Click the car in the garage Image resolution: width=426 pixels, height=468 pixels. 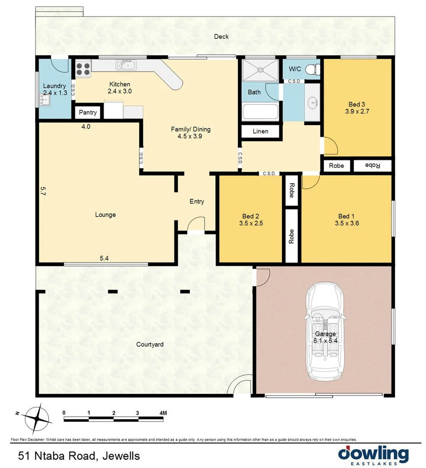coord(325,331)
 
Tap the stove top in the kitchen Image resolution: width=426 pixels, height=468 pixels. coord(83,68)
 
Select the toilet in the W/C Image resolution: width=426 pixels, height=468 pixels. coord(313,69)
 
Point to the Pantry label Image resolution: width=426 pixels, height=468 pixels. coord(88,113)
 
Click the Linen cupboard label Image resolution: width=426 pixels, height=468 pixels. coord(260,131)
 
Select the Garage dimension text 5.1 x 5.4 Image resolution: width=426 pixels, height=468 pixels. coord(325,341)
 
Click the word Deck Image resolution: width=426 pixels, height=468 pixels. coord(221,37)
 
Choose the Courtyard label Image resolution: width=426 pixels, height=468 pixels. coord(150,344)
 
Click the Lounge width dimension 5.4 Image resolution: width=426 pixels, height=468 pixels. coord(104,258)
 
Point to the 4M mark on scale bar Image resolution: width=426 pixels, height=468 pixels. coord(163,412)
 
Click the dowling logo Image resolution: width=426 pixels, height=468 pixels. coord(373,455)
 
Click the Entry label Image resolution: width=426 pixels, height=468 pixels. coord(197,201)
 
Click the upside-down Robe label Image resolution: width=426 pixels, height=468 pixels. coord(373,166)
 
